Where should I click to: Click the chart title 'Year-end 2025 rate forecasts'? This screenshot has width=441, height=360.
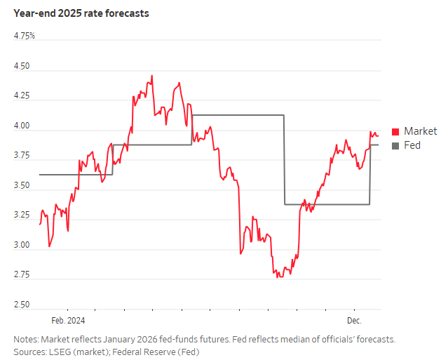81,13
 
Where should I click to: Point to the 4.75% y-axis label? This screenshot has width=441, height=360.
25,36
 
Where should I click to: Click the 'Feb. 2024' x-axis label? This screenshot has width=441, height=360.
68,321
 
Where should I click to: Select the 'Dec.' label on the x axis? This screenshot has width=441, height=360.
355,321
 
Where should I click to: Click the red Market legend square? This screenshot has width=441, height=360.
395,131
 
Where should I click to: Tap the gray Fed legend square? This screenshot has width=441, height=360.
395,145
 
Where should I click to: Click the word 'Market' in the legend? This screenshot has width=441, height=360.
420,131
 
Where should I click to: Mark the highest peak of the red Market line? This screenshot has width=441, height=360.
152,76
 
